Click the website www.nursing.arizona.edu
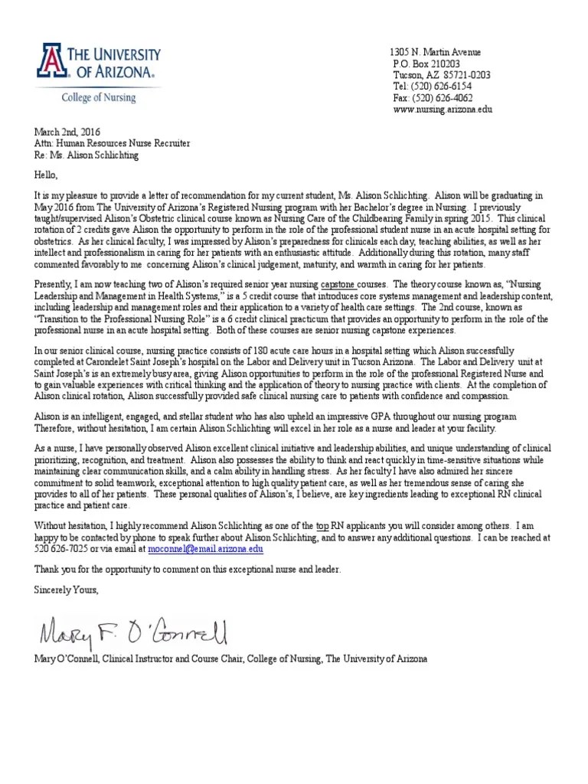[x=442, y=109]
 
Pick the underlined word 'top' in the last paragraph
[x=322, y=527]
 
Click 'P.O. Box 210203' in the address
[x=426, y=64]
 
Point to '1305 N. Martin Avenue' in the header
[x=436, y=52]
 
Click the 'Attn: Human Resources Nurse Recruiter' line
[x=113, y=143]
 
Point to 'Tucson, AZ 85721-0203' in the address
[x=441, y=75]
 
